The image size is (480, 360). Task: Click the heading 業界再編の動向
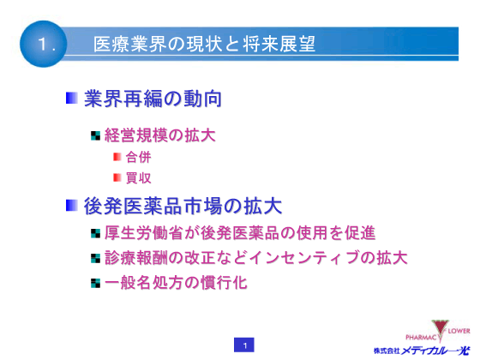pos(153,99)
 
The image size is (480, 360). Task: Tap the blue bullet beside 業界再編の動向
pos(72,99)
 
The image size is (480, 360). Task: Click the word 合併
pos(138,157)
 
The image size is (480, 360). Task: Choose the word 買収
pos(138,177)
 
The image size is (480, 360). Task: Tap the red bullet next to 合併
pos(117,157)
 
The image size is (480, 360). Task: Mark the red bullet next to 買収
pos(117,177)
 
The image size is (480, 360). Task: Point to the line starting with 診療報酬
pos(255,257)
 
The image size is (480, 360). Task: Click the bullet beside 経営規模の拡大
pos(95,135)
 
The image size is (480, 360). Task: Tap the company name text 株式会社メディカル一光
pos(422,350)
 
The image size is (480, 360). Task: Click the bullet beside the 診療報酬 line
pos(95,257)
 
